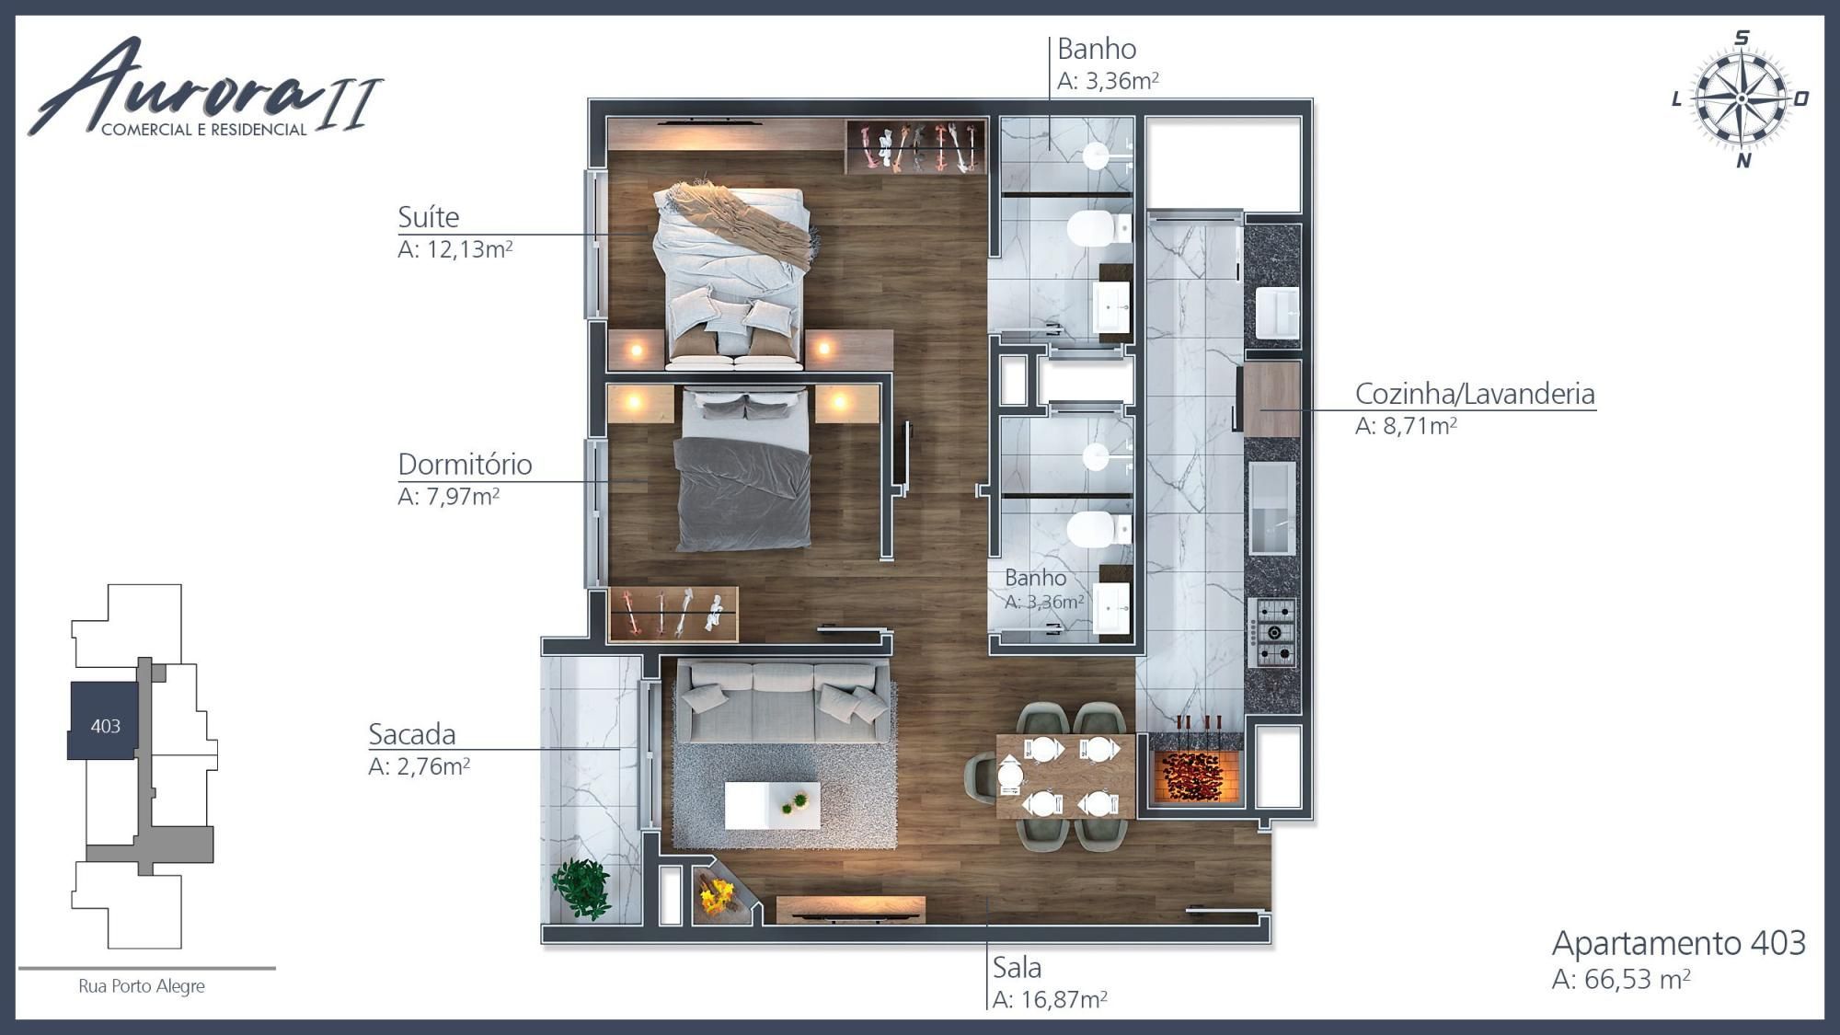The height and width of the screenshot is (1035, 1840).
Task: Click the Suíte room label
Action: coord(428,217)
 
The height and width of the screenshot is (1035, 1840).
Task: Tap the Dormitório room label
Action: coord(465,464)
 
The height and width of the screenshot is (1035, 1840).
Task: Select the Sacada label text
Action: coord(412,734)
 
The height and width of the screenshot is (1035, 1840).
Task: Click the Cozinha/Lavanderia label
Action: coord(1475,394)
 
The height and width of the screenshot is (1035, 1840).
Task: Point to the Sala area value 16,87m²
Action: coord(1062,999)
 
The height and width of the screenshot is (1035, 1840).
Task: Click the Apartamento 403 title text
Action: coord(1679,943)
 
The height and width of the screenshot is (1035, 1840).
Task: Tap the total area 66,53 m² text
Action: coord(1637,979)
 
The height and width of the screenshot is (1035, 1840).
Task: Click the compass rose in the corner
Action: coord(1741,98)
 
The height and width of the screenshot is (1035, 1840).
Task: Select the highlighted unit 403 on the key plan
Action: coord(104,721)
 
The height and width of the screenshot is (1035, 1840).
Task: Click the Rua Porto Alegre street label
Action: coord(142,986)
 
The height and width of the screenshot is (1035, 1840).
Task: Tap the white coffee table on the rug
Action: coord(772,805)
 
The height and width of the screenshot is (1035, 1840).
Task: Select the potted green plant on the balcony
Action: coord(581,888)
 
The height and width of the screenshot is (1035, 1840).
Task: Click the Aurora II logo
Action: coord(205,88)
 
